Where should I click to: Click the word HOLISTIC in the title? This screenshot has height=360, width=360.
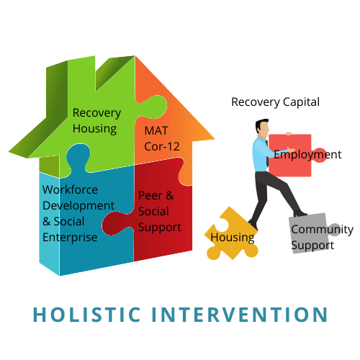86,315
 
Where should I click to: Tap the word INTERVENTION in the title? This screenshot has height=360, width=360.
240,315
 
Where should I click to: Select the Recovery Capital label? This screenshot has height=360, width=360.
275,102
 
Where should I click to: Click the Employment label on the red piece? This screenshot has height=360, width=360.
307,155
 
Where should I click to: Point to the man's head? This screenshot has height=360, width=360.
262,127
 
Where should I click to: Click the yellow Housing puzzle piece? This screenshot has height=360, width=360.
231,234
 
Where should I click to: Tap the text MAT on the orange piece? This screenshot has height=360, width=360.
156,131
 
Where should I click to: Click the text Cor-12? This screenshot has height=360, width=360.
162,147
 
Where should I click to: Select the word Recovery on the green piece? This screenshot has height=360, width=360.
96,113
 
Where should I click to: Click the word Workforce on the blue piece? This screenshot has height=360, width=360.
70,190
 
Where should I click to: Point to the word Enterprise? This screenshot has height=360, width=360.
70,238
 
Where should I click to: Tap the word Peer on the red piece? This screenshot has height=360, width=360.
150,196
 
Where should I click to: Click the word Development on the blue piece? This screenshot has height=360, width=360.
78,206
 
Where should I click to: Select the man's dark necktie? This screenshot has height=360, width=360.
267,153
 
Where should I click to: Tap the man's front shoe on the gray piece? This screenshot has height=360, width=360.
300,213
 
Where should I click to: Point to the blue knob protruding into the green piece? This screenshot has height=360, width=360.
78,156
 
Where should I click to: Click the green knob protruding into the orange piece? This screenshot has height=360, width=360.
153,107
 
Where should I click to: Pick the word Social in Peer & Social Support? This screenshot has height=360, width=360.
153,212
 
